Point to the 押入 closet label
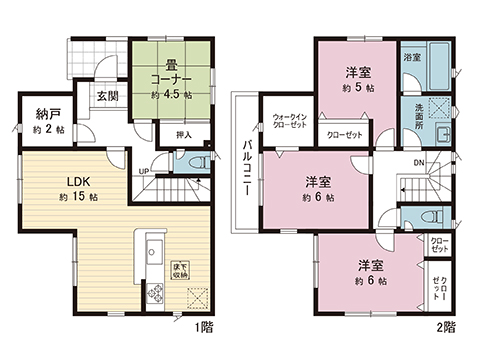click(183, 132)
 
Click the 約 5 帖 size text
click(358, 87)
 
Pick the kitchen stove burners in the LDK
click(155, 293)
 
